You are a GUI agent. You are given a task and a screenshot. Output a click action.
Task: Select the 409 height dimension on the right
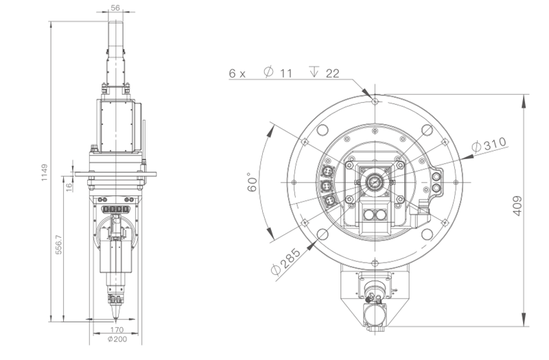click(x=517, y=206)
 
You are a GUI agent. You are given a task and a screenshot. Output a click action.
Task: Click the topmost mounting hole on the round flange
click(x=374, y=100)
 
